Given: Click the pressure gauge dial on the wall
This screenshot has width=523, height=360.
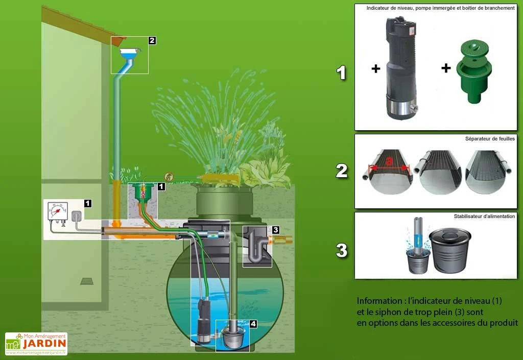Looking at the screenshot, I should pyautogui.click(x=57, y=210).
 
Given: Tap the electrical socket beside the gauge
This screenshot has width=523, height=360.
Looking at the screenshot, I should pyautogui.click(x=76, y=217).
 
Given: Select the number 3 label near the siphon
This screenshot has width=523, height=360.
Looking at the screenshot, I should pyautogui.click(x=275, y=230).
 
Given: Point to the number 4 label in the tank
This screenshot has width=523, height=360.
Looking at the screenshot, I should pyautogui.click(x=253, y=323).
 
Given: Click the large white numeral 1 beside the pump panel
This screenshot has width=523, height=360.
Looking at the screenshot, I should pyautogui.click(x=341, y=73).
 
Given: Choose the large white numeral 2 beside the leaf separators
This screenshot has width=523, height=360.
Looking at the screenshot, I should pyautogui.click(x=341, y=171).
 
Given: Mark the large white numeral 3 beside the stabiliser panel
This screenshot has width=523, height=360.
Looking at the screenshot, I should pyautogui.click(x=341, y=250).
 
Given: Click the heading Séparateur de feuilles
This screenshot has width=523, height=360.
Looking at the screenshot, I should pyautogui.click(x=490, y=138).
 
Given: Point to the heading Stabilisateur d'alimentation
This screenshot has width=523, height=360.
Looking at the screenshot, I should pyautogui.click(x=484, y=217).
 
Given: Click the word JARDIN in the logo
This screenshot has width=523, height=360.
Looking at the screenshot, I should pyautogui.click(x=44, y=345).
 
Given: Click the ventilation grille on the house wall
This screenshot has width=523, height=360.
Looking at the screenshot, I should pyautogui.click(x=87, y=281).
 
